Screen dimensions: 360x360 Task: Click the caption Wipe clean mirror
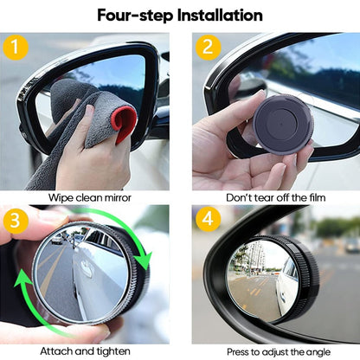pyautogui.click(x=91, y=197)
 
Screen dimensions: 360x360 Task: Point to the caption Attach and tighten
pyautogui.click(x=91, y=352)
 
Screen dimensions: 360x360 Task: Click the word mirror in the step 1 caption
pyautogui.click(x=118, y=197)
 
